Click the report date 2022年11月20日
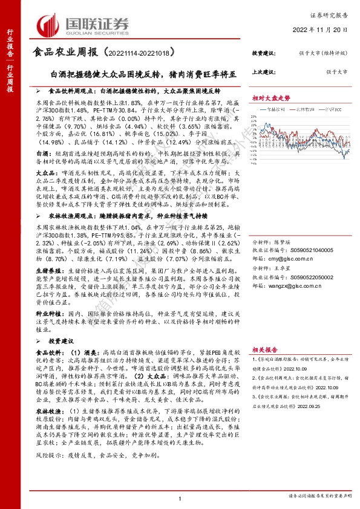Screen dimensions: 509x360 coord(324,28)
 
